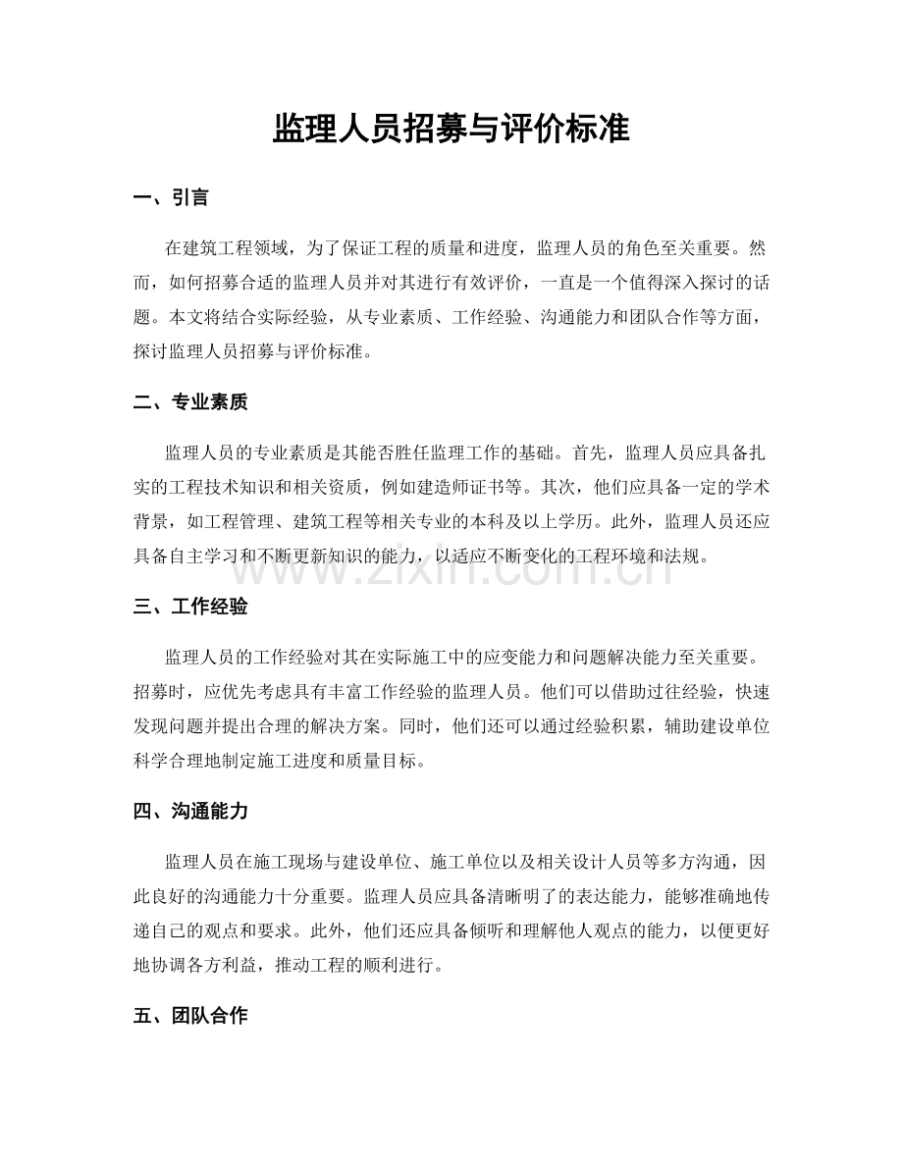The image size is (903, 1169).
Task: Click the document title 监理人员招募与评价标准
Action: (451, 129)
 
